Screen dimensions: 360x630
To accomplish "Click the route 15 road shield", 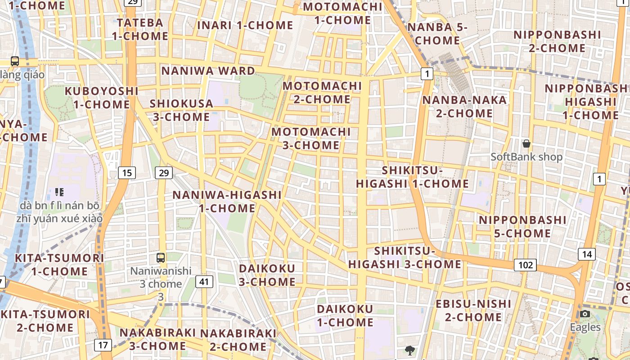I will click(128, 172).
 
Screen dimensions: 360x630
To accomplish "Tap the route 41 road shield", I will click(204, 282).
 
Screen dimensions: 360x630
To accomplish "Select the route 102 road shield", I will click(525, 265).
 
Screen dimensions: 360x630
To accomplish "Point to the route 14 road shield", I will click(587, 254).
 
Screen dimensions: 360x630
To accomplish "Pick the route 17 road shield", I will click(103, 345).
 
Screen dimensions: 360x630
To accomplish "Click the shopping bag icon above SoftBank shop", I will click(526, 144).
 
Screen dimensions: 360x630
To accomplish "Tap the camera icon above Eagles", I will click(585, 314).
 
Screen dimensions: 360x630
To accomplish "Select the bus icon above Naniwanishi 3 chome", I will click(161, 258).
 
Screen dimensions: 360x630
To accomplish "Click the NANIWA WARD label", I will click(208, 71).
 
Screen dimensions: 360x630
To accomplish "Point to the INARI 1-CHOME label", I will click(245, 25).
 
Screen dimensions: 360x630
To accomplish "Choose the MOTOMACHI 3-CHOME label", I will click(311, 139).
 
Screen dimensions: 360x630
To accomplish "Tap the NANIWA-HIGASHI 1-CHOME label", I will click(227, 202).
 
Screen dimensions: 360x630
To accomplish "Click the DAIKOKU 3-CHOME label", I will click(267, 275).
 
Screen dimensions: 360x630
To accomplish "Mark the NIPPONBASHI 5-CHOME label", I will click(522, 227).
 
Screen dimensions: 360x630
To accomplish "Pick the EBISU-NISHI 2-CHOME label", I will click(473, 310).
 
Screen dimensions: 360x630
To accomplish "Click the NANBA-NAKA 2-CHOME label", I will click(464, 106).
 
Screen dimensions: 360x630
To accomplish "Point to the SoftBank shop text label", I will click(526, 157).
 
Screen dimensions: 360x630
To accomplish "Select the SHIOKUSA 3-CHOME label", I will click(181, 110).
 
